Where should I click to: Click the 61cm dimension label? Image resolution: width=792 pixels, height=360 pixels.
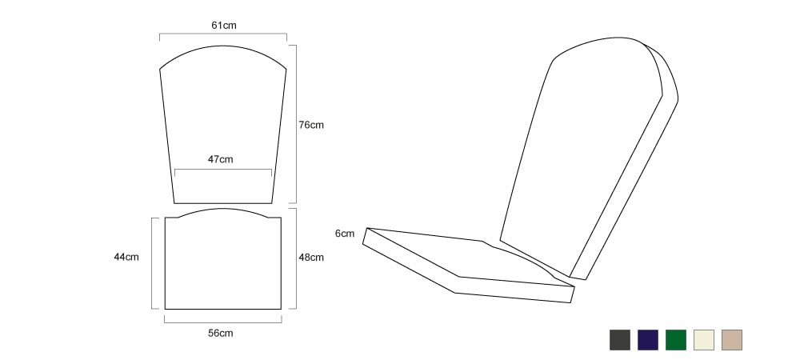(224, 26)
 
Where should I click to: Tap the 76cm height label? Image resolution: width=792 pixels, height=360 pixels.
(311, 125)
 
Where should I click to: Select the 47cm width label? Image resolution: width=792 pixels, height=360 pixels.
(221, 159)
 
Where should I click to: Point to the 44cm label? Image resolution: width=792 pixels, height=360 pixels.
(126, 257)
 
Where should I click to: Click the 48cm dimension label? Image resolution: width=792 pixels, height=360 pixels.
(311, 258)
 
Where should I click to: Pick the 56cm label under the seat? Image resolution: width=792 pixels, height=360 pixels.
(221, 334)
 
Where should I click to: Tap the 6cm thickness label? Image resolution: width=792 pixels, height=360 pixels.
(345, 234)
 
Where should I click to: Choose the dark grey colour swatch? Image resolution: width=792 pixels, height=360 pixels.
(620, 340)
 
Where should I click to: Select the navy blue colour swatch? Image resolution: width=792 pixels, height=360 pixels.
(648, 340)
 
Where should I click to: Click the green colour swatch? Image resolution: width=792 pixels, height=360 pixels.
(676, 340)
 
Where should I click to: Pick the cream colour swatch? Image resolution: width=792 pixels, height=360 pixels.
(704, 340)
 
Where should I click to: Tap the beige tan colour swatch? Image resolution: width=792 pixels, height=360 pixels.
(732, 340)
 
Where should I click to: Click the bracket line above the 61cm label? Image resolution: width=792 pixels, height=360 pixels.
(223, 34)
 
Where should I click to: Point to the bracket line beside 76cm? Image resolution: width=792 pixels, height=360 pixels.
(296, 124)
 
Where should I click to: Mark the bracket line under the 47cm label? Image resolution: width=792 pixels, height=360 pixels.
(222, 169)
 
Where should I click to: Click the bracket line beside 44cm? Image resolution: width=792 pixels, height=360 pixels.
(152, 263)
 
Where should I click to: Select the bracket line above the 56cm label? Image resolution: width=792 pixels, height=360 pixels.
(222, 322)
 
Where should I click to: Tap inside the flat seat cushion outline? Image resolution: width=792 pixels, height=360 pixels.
(222, 262)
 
